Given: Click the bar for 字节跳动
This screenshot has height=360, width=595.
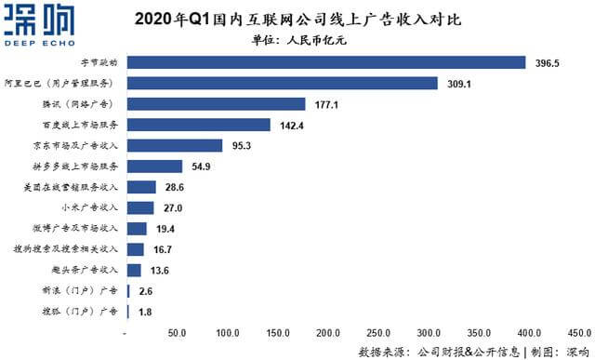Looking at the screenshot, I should (x=325, y=62).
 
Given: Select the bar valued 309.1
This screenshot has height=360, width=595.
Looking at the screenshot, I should (x=282, y=83).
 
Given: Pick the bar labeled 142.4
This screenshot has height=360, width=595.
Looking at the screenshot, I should (x=198, y=125).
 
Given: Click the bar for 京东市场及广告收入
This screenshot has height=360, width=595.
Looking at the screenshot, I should (x=175, y=146).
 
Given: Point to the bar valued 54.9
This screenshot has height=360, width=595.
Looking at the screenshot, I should (x=154, y=167).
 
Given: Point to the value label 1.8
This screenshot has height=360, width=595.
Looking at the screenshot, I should (x=145, y=312).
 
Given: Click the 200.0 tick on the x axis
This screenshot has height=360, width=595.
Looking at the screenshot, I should (x=327, y=332).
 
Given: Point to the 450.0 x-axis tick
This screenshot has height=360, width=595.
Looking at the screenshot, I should (x=579, y=332).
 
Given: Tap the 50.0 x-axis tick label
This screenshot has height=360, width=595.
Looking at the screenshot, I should (x=177, y=332).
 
